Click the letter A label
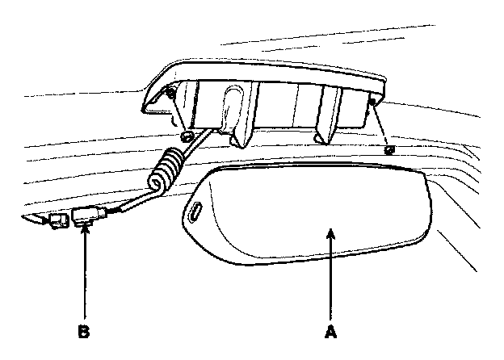330,330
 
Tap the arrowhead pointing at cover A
330,234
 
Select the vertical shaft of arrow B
83,278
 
